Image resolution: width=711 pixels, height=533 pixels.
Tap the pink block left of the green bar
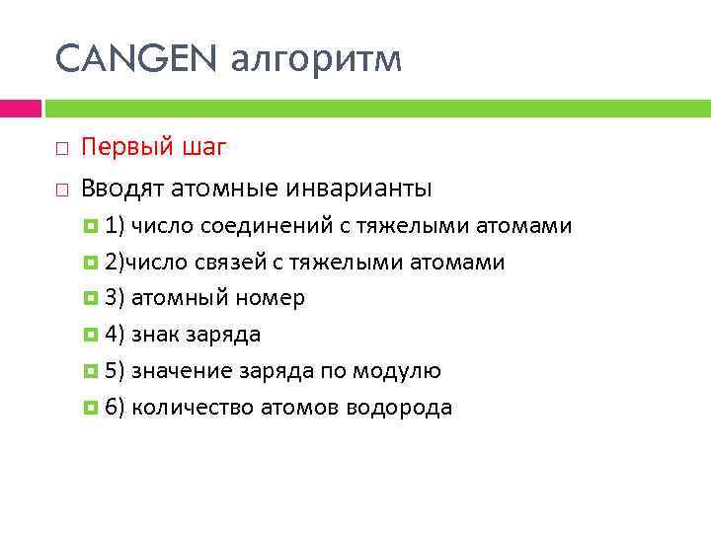(x=20, y=108)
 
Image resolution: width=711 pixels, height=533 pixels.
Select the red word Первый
(x=128, y=148)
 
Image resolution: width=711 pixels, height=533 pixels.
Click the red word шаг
(x=205, y=149)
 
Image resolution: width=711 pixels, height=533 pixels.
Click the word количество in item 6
(x=193, y=408)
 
